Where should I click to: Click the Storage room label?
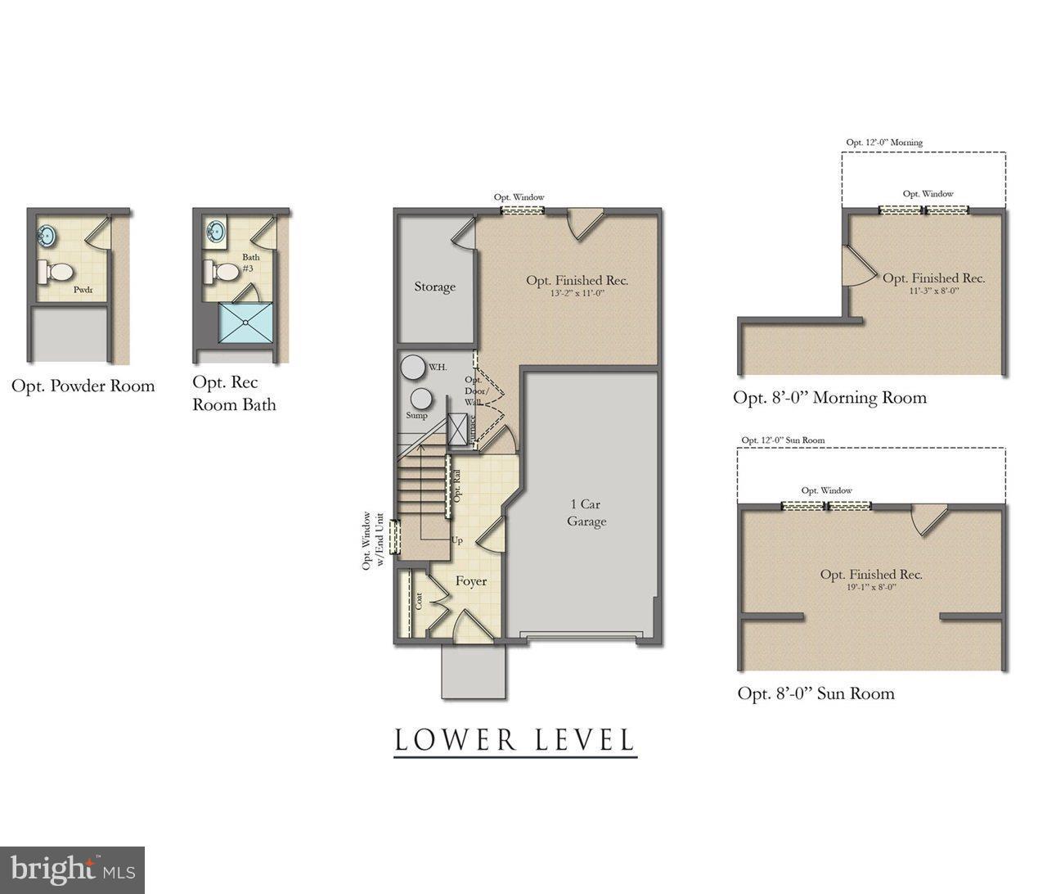pos(434,287)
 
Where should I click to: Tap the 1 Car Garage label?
pos(586,513)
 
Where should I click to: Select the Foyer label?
pos(471,581)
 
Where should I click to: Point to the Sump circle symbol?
pos(420,399)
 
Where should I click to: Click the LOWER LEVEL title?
pos(515,740)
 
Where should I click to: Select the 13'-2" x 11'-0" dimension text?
pos(577,293)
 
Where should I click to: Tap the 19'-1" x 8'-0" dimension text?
pos(871,587)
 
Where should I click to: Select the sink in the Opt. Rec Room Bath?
pos(216,230)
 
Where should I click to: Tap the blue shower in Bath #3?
pos(246,322)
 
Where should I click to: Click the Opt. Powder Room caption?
pos(83,386)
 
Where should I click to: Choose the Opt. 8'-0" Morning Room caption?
pos(829,398)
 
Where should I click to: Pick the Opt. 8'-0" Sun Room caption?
pos(816,693)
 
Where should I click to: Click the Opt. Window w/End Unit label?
pos(372,540)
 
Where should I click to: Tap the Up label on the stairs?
pos(457,540)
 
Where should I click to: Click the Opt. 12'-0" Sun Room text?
pos(783,440)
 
